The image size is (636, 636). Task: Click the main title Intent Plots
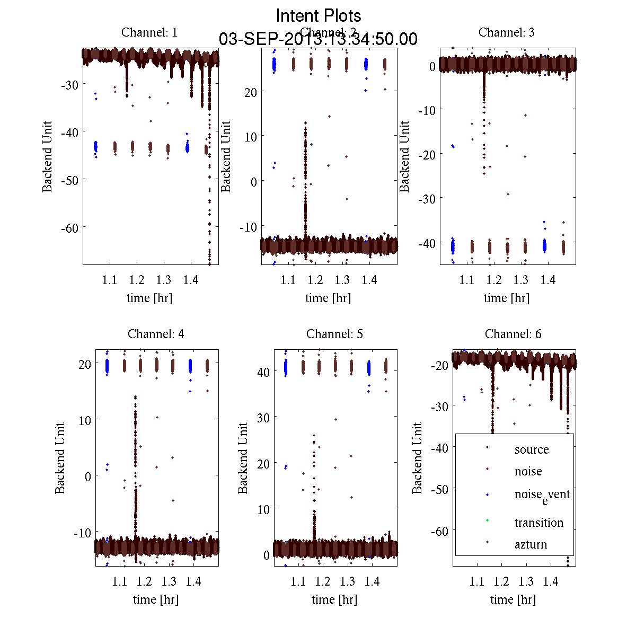click(319, 16)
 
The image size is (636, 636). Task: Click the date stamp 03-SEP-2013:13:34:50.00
click(318, 39)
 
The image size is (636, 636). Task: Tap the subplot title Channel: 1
click(149, 32)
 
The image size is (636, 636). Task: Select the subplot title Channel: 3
click(506, 32)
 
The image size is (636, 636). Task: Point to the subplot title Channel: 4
click(156, 334)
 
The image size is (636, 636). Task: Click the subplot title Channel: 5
click(334, 334)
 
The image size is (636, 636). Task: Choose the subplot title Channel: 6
click(513, 334)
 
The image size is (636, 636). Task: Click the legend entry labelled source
click(531, 449)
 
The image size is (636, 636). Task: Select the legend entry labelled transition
click(538, 523)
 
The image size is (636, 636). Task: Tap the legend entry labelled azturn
click(531, 544)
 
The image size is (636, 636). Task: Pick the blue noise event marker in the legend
click(487, 494)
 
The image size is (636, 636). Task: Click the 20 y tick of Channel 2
click(251, 92)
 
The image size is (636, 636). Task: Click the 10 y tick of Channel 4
click(84, 420)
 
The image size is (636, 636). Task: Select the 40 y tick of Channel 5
click(263, 372)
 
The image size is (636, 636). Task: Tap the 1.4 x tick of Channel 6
click(551, 581)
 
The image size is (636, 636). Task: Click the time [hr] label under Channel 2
click(328, 298)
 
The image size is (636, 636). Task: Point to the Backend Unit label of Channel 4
click(60, 458)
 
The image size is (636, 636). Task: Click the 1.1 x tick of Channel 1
click(110, 280)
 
